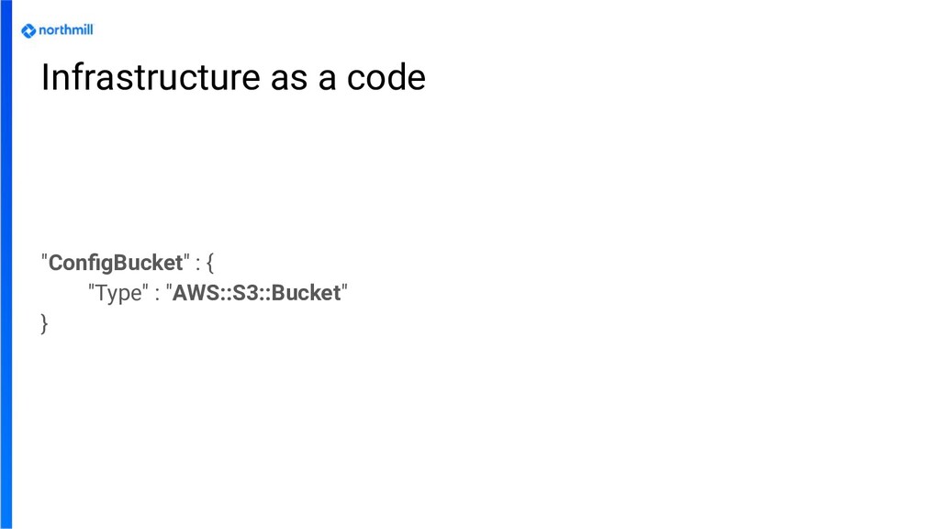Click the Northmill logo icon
click(x=28, y=30)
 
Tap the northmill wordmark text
click(x=66, y=30)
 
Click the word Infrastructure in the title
click(x=151, y=79)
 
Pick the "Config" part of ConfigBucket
click(x=77, y=264)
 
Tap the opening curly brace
click(x=210, y=264)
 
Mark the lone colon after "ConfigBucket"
click(x=197, y=264)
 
